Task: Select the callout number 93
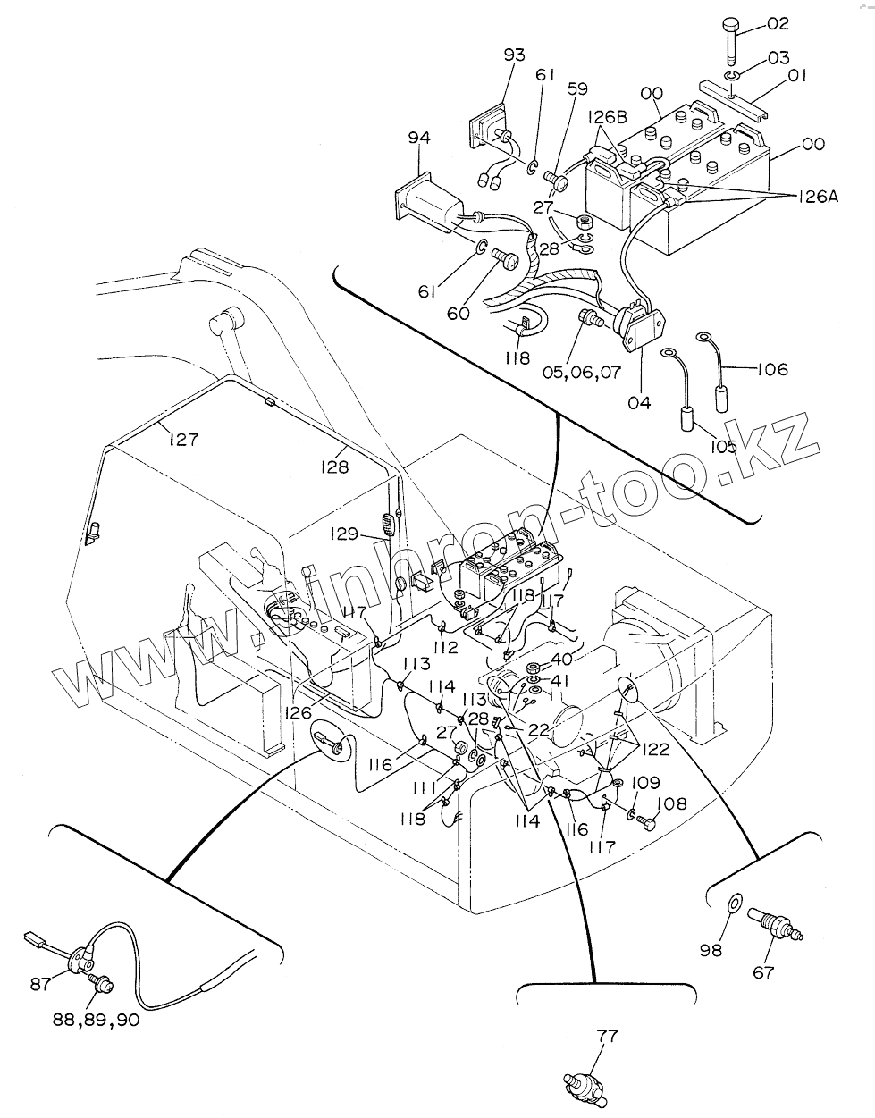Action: [514, 55]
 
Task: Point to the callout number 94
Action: [419, 138]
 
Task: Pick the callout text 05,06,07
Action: [581, 373]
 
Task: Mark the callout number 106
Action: [772, 369]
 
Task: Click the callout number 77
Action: [607, 1037]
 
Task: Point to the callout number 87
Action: [40, 984]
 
